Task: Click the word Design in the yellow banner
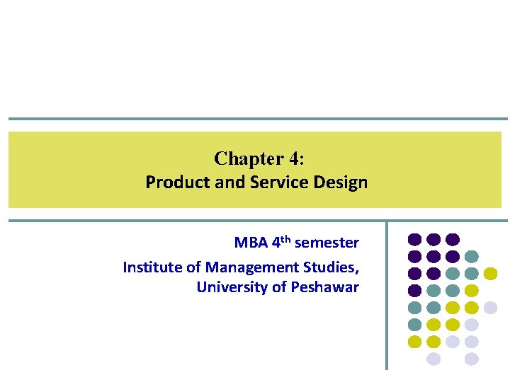tap(342, 183)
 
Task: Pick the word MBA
tap(251, 243)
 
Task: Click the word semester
tap(327, 243)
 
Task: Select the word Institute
tap(149, 267)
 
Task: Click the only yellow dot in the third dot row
tap(490, 273)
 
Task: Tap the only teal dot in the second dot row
tap(472, 256)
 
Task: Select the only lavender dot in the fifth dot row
tap(490, 308)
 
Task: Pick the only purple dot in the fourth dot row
tap(415, 290)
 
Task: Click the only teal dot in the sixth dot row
tap(415, 325)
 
